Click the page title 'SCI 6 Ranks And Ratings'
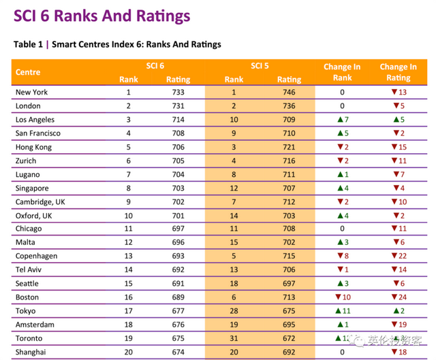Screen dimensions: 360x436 (x=102, y=16)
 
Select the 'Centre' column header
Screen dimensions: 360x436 (x=28, y=72)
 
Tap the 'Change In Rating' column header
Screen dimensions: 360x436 (x=398, y=72)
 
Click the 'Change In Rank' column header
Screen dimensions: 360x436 (x=342, y=72)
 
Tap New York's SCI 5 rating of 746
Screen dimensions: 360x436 (x=289, y=93)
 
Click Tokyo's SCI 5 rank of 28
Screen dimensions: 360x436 (x=234, y=311)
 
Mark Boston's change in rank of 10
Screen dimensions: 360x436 (x=342, y=297)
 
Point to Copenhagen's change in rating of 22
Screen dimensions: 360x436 (x=399, y=257)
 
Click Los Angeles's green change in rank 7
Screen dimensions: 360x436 (x=342, y=120)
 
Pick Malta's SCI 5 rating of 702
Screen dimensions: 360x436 (x=289, y=243)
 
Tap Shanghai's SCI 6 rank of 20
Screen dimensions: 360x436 (x=128, y=352)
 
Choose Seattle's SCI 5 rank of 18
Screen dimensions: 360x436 (x=234, y=284)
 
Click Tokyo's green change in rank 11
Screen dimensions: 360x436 (x=342, y=311)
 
